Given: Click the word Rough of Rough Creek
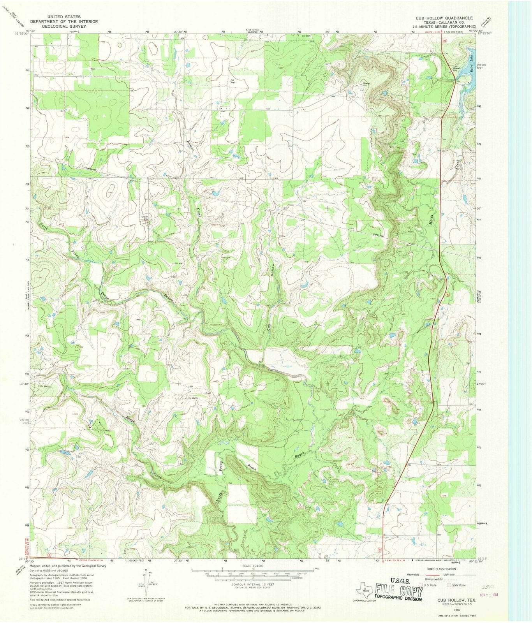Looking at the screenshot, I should click(x=129, y=421).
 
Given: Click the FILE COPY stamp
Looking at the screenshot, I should click(x=397, y=584).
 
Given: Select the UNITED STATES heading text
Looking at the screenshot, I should click(x=64, y=17).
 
